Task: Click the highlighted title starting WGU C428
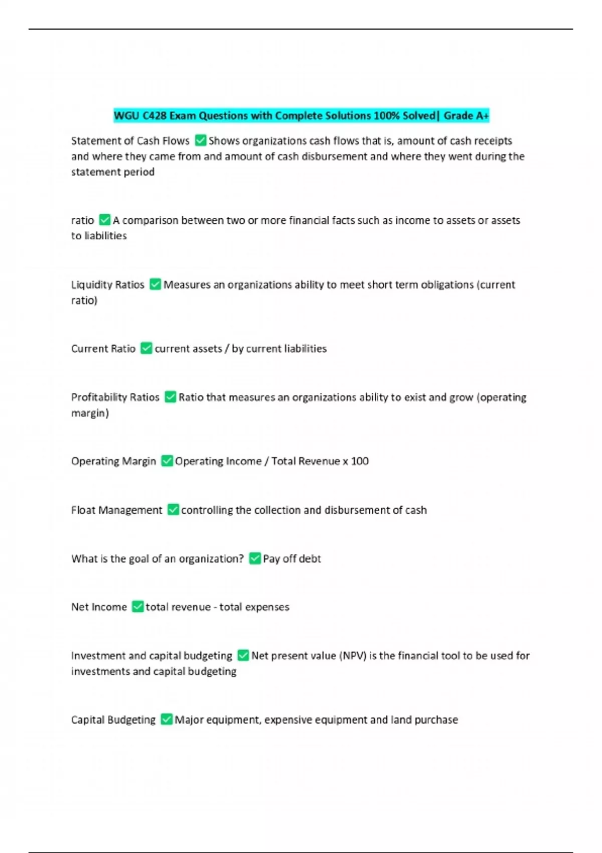301,116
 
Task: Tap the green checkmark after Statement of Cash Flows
200,140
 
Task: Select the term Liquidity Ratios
107,285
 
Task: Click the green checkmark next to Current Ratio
146,348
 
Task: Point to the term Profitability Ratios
115,397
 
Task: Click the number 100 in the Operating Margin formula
360,461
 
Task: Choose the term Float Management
116,510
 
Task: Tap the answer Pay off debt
291,559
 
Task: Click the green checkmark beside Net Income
137,607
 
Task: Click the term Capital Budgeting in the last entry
113,720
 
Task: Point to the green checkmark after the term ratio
105,220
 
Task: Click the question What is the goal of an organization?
157,559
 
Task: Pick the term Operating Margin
113,461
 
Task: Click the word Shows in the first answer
224,141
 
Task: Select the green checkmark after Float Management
173,510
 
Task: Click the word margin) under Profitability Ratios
90,413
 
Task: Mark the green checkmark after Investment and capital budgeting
243,656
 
